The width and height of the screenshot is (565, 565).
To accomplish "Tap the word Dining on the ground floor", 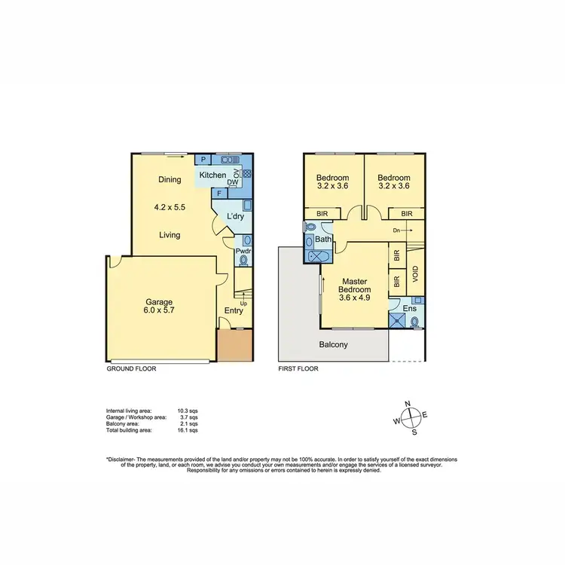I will coord(169,180).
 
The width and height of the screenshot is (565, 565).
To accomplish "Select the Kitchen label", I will coord(212,176).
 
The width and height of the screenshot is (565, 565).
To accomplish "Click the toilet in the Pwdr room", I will coord(243,261).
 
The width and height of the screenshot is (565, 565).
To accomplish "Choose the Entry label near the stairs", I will coord(234,310).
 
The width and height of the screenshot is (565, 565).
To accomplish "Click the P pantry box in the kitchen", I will coord(203,160).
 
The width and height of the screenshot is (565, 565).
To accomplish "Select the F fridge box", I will coord(219,194).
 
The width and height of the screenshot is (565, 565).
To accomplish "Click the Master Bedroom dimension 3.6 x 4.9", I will coord(354,298).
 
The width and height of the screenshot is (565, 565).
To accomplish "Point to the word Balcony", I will coord(334,345).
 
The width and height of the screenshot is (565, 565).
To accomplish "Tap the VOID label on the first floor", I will coord(414,273).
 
